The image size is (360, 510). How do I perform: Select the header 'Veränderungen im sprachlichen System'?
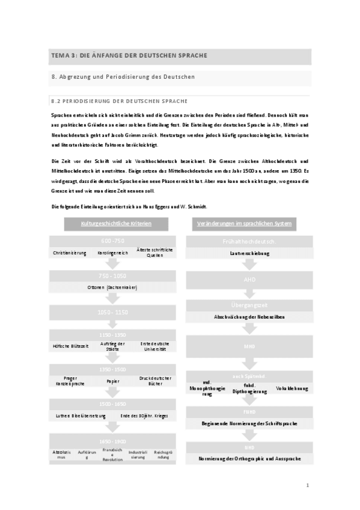[x=244, y=224]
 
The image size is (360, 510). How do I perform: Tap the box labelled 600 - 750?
[x=114, y=241]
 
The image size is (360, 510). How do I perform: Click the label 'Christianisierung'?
[x=69, y=253]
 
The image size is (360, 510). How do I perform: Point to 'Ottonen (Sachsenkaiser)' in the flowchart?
[x=113, y=287]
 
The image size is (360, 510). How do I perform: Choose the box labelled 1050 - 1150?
[x=114, y=312]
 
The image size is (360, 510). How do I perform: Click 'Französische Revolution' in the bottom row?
[x=112, y=453]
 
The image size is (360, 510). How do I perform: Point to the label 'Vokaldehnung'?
[x=292, y=389]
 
